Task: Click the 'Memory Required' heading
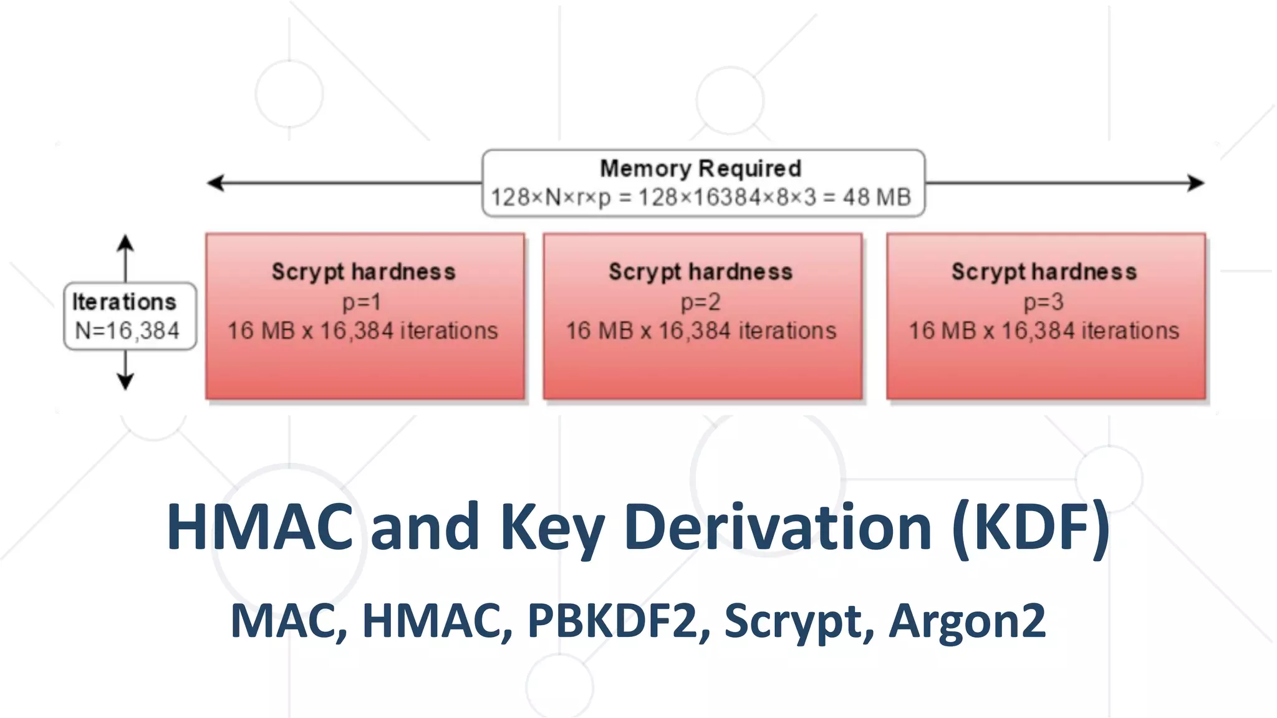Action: tap(700, 168)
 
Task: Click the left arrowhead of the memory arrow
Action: tap(214, 183)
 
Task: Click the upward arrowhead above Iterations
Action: tap(125, 242)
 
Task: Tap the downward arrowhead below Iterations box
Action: tap(125, 381)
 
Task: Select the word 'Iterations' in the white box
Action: tap(124, 302)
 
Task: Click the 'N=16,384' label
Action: tap(127, 330)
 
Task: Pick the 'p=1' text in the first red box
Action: tap(362, 302)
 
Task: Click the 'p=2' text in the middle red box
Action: tap(700, 302)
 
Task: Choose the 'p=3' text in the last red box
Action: tap(1043, 302)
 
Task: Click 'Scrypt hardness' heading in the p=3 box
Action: tap(1044, 272)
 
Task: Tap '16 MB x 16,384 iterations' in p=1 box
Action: tap(362, 330)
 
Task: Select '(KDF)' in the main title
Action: tap(1031, 527)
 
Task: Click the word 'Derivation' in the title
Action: tap(778, 527)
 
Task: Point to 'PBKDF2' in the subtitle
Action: tap(612, 621)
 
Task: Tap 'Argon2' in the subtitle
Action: tap(967, 621)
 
